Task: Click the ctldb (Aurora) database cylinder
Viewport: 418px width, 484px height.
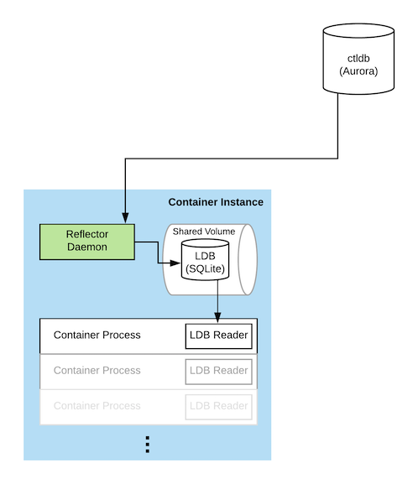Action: click(x=358, y=59)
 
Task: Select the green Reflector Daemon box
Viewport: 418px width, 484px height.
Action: click(x=87, y=242)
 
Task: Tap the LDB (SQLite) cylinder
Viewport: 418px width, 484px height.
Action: click(x=205, y=259)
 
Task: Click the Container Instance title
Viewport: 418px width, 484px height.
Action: click(x=216, y=202)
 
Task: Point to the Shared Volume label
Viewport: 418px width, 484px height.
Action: click(x=204, y=232)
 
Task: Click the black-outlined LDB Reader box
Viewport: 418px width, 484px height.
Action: click(x=219, y=336)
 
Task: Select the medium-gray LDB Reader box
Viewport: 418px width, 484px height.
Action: click(x=219, y=372)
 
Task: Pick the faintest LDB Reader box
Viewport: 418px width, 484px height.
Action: click(x=219, y=407)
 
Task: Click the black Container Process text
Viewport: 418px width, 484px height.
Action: click(x=97, y=335)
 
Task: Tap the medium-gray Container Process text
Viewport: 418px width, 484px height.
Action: click(x=97, y=370)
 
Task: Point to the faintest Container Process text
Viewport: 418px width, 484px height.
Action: click(x=97, y=406)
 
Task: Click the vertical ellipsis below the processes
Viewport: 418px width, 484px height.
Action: click(x=148, y=445)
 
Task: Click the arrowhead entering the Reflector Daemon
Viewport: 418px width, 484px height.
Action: click(x=125, y=217)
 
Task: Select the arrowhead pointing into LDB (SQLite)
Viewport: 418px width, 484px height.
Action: click(x=175, y=263)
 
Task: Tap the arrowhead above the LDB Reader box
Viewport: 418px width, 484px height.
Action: click(x=217, y=318)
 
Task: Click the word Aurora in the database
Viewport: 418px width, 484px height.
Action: click(x=358, y=71)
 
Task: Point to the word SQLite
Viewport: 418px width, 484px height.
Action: click(x=205, y=268)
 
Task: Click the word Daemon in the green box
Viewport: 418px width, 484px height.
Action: click(x=87, y=247)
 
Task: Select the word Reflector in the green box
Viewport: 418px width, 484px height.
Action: click(x=87, y=234)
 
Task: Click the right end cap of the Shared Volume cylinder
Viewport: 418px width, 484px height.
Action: click(x=248, y=259)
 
